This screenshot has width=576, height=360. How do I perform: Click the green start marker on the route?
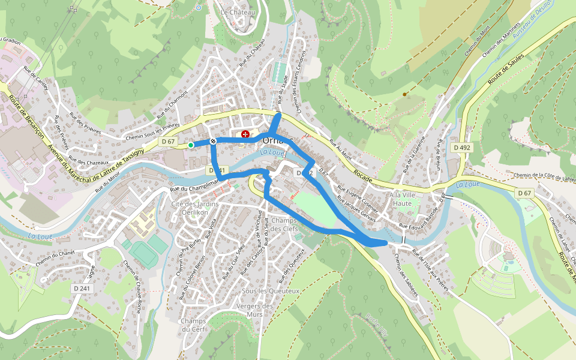(191, 145)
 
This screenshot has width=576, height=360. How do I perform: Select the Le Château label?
(238, 12)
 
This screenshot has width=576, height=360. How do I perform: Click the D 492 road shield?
(462, 147)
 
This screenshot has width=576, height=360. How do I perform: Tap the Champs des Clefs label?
(284, 224)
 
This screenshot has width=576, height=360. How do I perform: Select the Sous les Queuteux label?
(270, 291)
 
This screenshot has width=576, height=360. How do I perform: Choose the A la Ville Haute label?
(401, 199)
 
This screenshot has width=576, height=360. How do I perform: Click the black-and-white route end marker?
(213, 141)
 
